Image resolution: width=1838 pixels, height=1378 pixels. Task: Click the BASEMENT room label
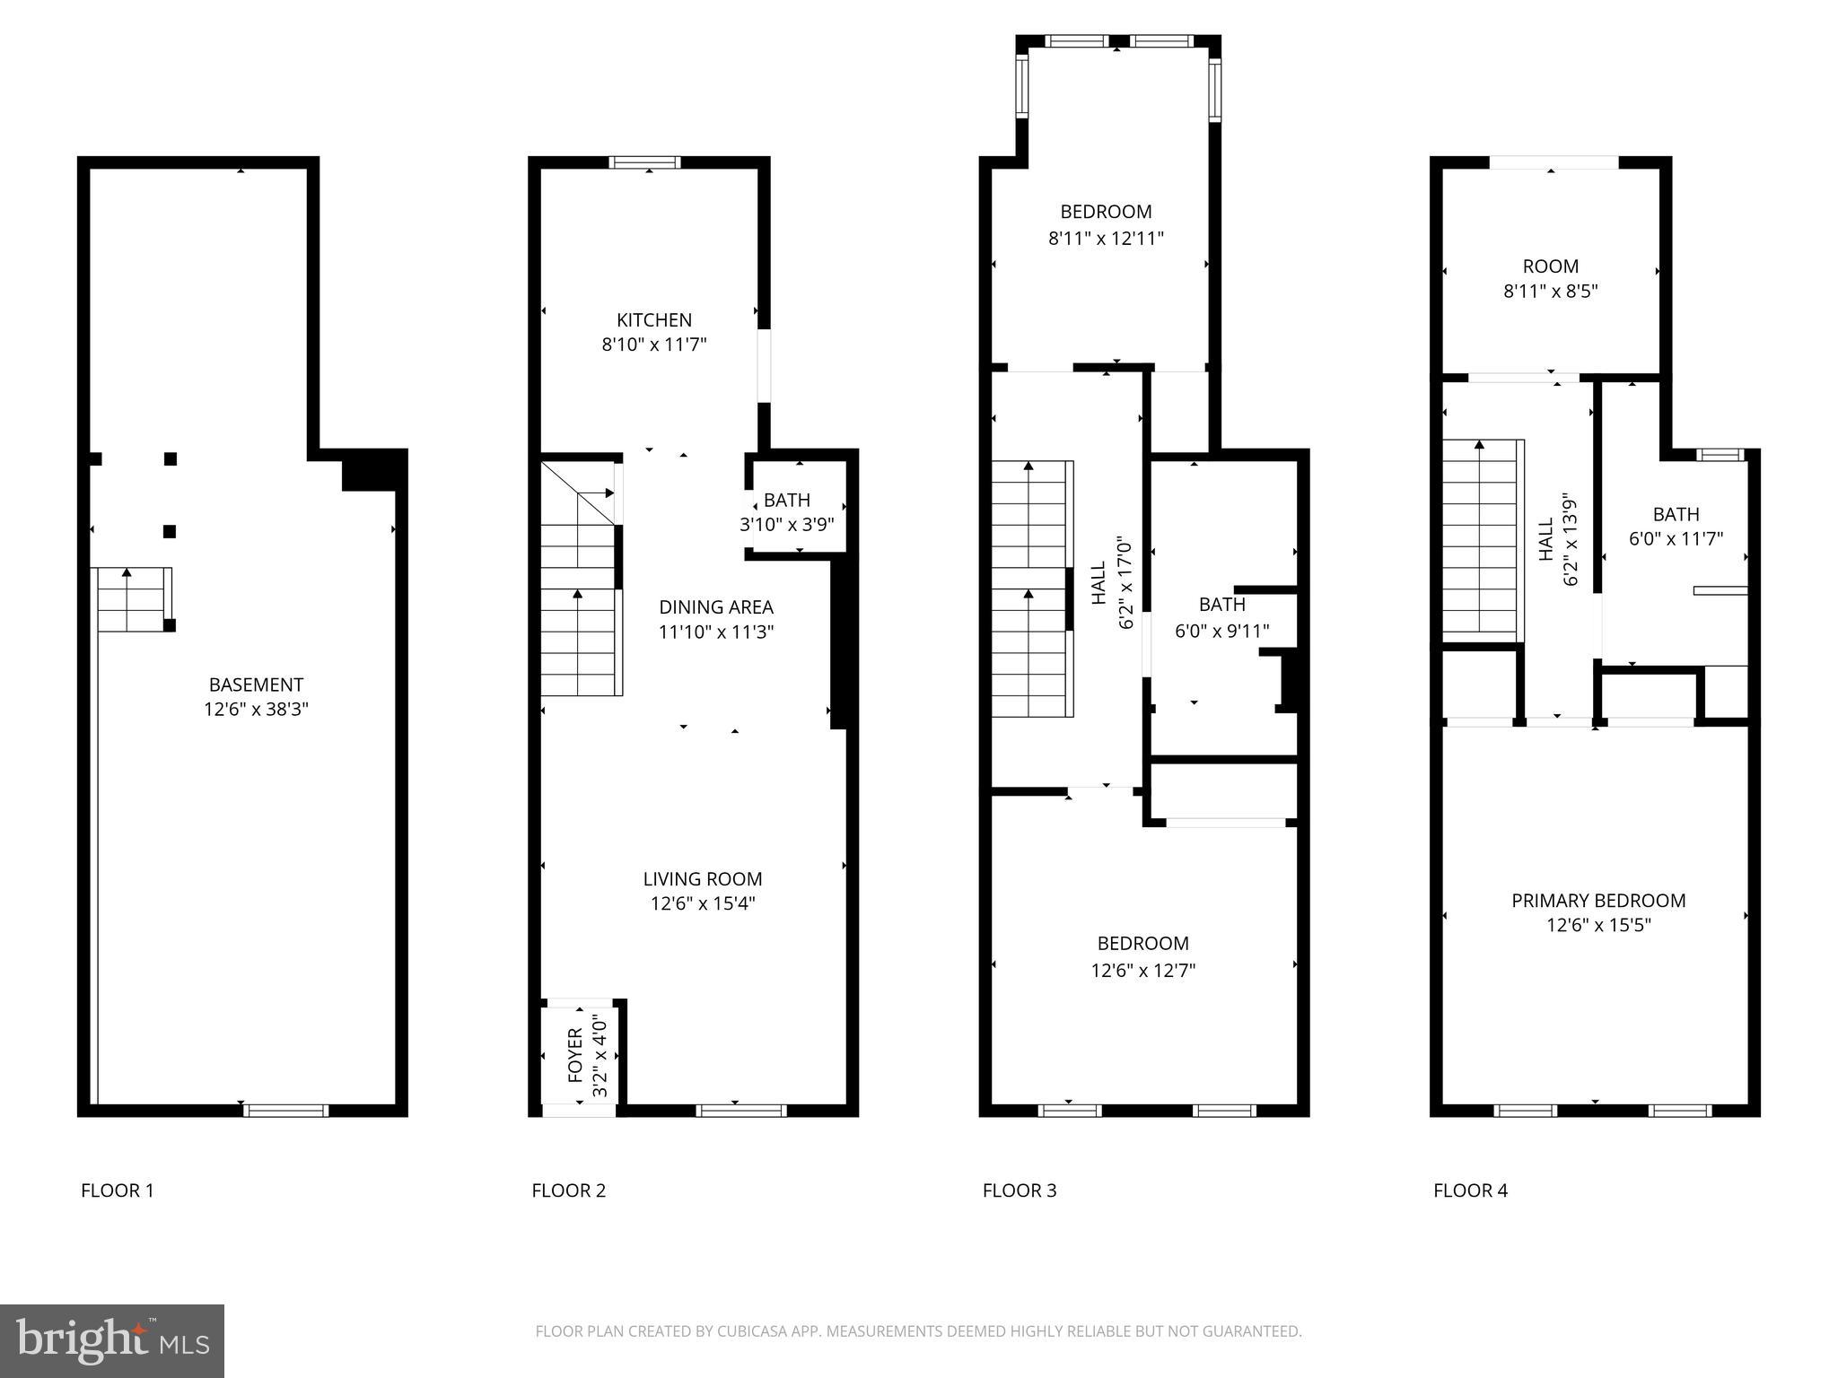pyautogui.click(x=256, y=685)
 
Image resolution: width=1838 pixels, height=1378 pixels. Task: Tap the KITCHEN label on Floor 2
pyautogui.click(x=653, y=320)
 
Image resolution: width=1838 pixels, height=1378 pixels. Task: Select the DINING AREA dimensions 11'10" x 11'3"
pyautogui.click(x=715, y=632)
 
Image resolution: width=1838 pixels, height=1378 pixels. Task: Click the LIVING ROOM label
pyautogui.click(x=702, y=879)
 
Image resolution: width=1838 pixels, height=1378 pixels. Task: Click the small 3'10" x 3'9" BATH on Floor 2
pyautogui.click(x=786, y=512)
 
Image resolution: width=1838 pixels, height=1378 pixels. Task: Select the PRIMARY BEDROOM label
pyautogui.click(x=1598, y=901)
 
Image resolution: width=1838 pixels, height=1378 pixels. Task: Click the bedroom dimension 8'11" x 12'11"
pyautogui.click(x=1106, y=239)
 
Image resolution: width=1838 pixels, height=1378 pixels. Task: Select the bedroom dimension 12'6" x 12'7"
pyautogui.click(x=1142, y=971)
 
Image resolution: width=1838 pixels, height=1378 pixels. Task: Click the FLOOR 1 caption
pyautogui.click(x=118, y=1190)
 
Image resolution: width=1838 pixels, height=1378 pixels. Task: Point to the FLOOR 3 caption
pyautogui.click(x=1020, y=1190)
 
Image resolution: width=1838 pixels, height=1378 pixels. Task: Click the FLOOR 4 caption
pyautogui.click(x=1470, y=1190)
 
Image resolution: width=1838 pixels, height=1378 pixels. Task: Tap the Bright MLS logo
pyautogui.click(x=112, y=1340)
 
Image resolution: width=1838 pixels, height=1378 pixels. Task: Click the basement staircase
pyautogui.click(x=133, y=599)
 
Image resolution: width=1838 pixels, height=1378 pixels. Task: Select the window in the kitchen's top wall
pyautogui.click(x=644, y=162)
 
